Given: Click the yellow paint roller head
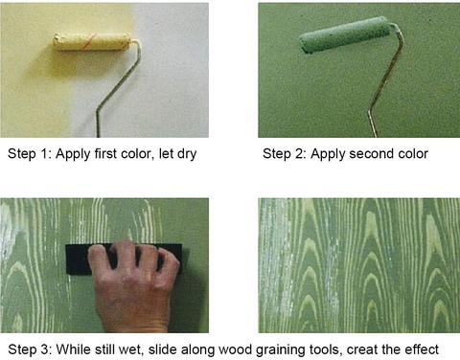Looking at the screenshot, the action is pos(92,42).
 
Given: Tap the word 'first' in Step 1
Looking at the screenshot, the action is pos(106,153).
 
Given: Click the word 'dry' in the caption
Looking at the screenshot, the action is pos(187,154).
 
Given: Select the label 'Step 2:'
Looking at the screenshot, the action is pos(285,154).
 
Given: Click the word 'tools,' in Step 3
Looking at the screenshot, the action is pos(326,349).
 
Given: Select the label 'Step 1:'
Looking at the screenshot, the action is pos(30,154).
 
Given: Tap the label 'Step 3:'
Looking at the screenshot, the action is pos(30,349).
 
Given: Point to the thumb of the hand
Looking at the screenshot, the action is pos(99,265).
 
